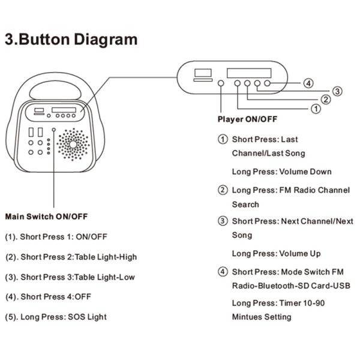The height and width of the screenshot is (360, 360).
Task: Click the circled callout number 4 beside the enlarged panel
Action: click(308, 83)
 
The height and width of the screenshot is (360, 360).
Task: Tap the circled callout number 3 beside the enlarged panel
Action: click(338, 91)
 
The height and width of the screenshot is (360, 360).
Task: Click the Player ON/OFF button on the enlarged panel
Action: click(221, 83)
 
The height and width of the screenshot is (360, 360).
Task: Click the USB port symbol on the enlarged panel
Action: click(202, 74)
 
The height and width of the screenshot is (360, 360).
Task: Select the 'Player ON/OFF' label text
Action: click(247, 119)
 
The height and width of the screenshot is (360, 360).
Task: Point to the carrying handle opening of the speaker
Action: click(58, 89)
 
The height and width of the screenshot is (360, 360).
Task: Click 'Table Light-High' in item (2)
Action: click(107, 257)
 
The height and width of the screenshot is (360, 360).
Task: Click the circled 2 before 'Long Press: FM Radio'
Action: click(223, 190)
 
